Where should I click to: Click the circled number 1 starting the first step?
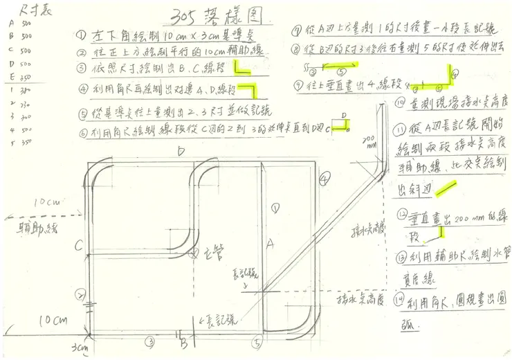82,35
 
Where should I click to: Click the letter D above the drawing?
181,152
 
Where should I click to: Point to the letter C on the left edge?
79,244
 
